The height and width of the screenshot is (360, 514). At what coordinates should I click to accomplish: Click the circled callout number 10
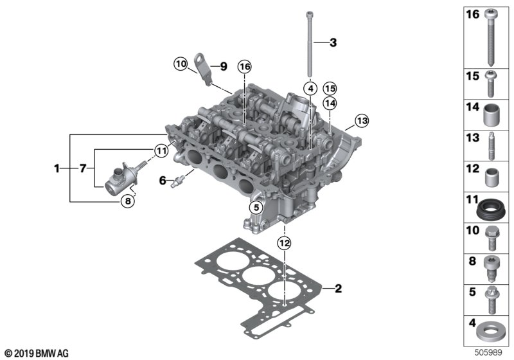pyautogui.click(x=180, y=64)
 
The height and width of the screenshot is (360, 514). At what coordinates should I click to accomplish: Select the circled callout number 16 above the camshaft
pyautogui.click(x=244, y=66)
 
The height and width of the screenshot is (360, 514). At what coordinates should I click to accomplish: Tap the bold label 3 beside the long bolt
pyautogui.click(x=332, y=43)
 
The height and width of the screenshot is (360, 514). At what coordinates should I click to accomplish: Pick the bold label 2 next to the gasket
pyautogui.click(x=339, y=289)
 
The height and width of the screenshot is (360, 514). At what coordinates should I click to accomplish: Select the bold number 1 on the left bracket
pyautogui.click(x=57, y=168)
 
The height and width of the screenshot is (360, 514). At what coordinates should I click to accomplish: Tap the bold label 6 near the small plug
pyautogui.click(x=163, y=181)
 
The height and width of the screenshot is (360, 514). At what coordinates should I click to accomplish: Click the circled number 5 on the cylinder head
pyautogui.click(x=256, y=207)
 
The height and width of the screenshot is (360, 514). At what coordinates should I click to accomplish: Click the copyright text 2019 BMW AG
pyautogui.click(x=36, y=353)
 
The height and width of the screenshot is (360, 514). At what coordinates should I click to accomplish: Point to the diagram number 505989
pyautogui.click(x=493, y=352)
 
